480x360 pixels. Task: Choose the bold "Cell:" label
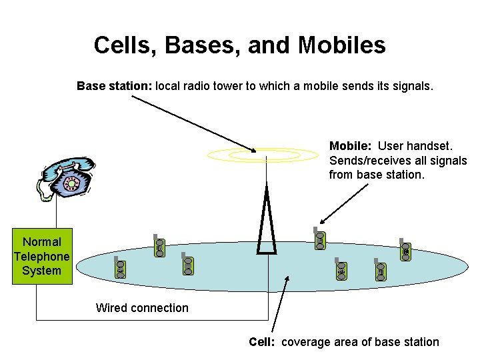(x=263, y=342)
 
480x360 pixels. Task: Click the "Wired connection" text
(x=142, y=307)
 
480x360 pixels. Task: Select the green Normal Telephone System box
(x=41, y=257)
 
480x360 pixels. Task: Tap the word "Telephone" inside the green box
(x=41, y=257)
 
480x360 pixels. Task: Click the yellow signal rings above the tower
(x=263, y=155)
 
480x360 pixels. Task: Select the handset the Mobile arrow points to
(x=319, y=239)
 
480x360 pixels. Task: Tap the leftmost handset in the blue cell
(x=120, y=267)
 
